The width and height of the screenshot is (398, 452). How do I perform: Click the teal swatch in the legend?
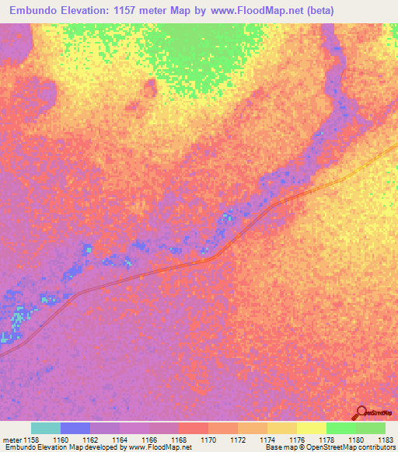click(x=46, y=428)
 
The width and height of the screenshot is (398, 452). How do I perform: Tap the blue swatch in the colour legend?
click(x=75, y=428)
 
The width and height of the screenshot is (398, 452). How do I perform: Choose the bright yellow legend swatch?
click(x=311, y=428)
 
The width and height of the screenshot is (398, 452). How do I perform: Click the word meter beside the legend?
click(x=12, y=440)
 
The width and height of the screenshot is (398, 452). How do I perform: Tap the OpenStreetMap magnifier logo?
click(x=360, y=412)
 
